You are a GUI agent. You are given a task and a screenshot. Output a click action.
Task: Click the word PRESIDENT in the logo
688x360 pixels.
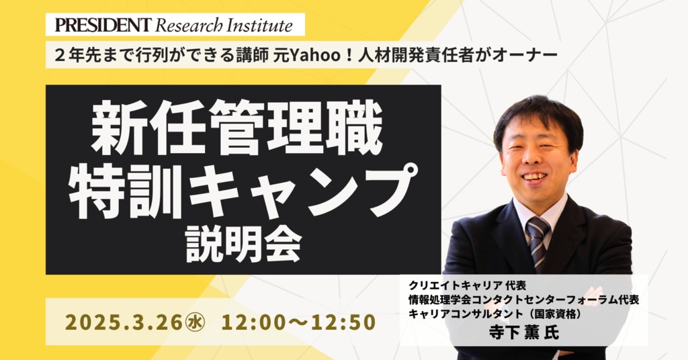[x=103, y=25]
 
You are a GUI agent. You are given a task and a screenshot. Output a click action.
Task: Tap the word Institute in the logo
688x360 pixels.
[x=260, y=26]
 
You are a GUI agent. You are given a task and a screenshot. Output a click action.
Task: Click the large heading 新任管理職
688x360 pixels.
[x=237, y=128]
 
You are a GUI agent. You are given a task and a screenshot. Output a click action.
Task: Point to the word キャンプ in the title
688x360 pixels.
[x=304, y=191]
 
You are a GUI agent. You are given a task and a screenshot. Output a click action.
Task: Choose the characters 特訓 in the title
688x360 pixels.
[x=126, y=191]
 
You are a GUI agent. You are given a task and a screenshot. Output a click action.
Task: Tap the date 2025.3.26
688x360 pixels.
[x=123, y=322]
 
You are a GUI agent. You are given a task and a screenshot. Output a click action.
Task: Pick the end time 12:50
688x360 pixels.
[x=343, y=322]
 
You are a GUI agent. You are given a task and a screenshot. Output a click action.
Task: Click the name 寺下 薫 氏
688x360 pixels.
[x=524, y=332]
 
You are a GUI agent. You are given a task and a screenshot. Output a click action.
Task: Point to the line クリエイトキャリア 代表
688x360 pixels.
[x=467, y=286]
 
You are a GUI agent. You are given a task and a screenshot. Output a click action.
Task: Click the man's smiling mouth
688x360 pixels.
[x=535, y=176]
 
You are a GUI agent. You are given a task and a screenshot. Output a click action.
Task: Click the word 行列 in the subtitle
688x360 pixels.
[x=150, y=56]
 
